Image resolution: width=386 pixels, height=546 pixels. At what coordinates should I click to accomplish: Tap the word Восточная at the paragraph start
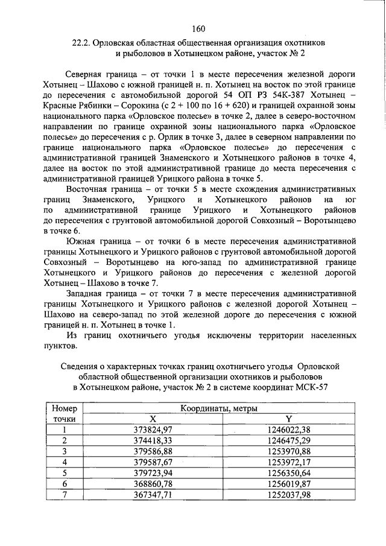[87, 190]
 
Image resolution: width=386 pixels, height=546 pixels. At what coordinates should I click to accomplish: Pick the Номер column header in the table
[63, 408]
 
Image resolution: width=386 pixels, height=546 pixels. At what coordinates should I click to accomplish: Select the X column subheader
[153, 419]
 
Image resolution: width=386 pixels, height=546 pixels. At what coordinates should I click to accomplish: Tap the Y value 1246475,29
[288, 440]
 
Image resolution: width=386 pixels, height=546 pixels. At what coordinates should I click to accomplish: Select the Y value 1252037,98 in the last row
[288, 494]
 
